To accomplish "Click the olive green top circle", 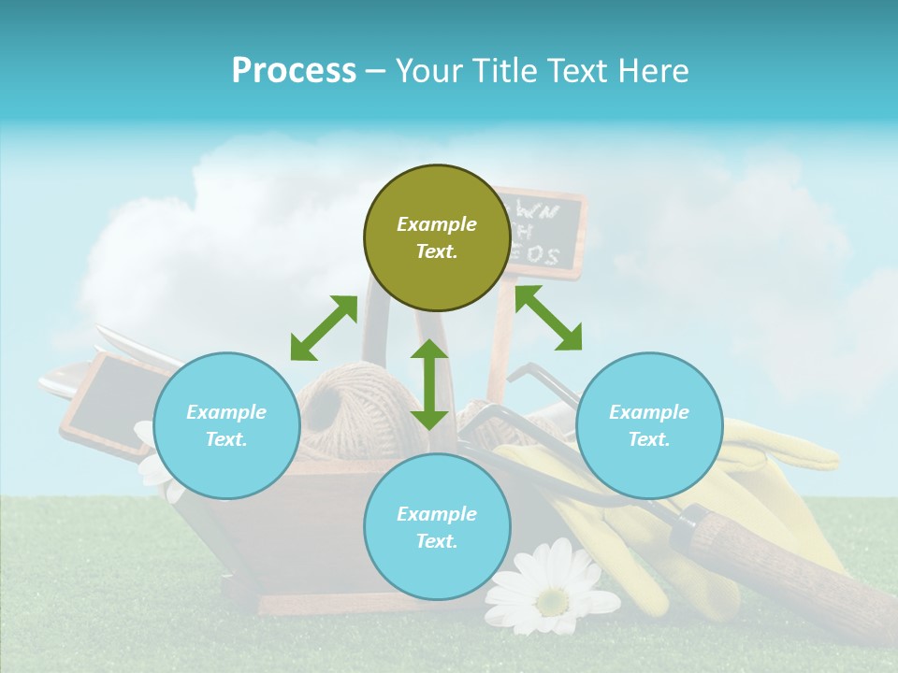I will [x=437, y=237].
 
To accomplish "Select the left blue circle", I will [x=226, y=425].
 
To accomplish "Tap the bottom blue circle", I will [x=437, y=527].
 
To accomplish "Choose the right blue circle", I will [x=649, y=425].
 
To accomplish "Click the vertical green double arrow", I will [x=429, y=384].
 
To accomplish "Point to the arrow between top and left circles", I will [x=324, y=328].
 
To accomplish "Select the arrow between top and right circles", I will [x=548, y=318].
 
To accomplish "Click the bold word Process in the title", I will [x=294, y=70].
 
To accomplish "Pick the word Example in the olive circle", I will [x=437, y=224].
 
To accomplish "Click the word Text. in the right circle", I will [x=649, y=439].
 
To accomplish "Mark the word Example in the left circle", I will [x=226, y=412].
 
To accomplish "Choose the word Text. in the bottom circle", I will [x=437, y=541].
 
